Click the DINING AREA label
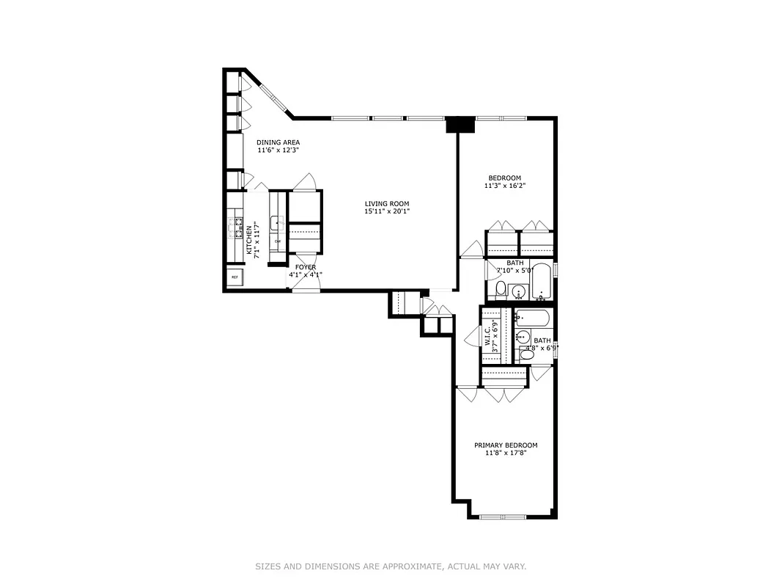277,142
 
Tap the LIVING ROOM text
387,204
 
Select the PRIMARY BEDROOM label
505,445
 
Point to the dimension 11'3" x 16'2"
505,186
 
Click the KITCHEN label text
249,241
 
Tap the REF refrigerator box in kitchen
235,277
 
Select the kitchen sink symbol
276,222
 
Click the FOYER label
306,267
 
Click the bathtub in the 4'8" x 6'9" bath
532,318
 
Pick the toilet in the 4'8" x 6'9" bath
526,354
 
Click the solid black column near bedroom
460,125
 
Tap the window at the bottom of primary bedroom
503,517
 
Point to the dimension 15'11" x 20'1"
387,212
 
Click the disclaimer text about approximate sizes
391,566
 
